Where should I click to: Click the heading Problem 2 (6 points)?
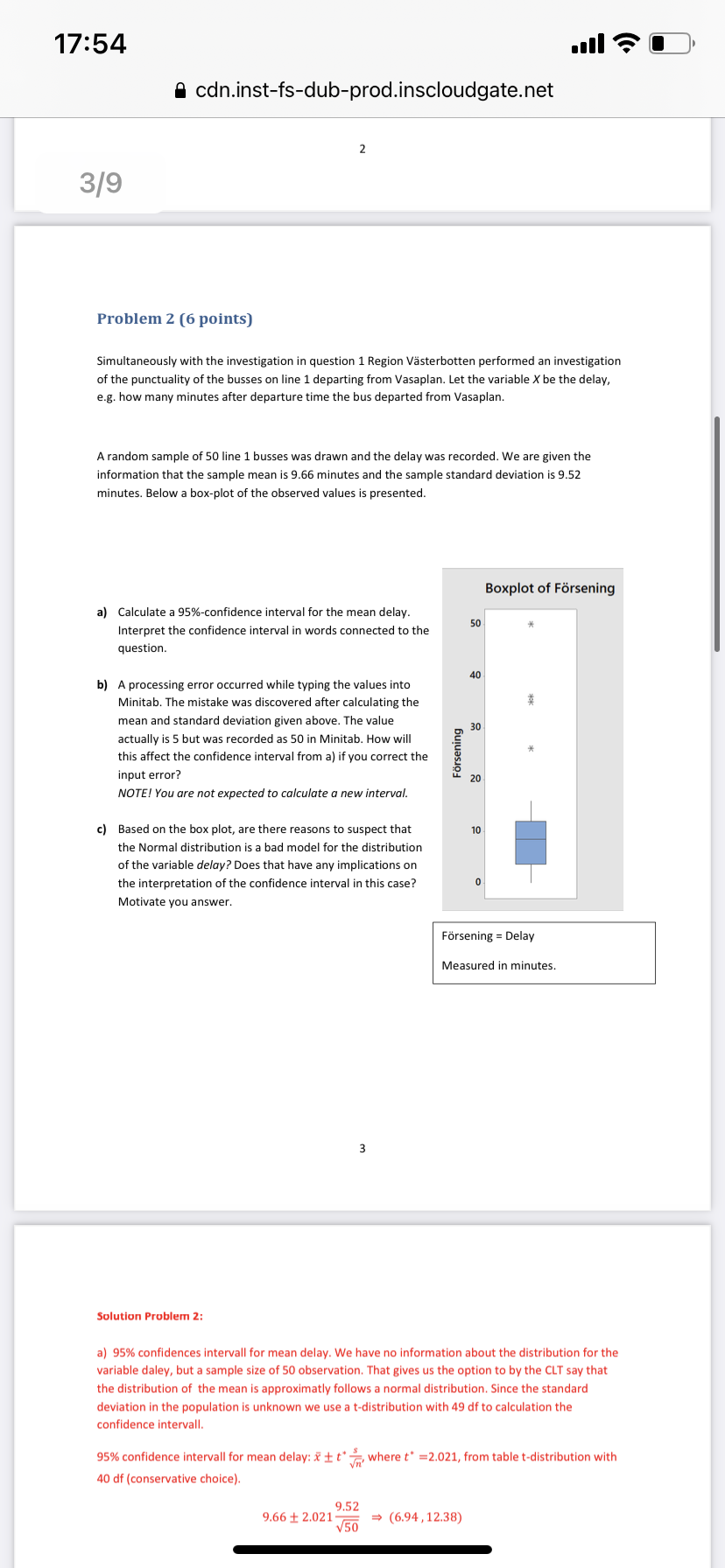pos(174,318)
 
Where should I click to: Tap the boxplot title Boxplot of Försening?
pos(549,588)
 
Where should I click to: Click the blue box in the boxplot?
pos(531,842)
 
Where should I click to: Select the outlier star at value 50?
pos(531,625)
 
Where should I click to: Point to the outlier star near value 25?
pos(531,749)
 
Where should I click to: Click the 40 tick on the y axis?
pos(475,675)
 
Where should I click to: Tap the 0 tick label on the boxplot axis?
pos(478,881)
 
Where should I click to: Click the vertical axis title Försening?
pos(456,752)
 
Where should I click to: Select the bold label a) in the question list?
pos(102,612)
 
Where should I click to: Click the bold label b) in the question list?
pos(102,684)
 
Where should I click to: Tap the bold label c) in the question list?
pos(102,829)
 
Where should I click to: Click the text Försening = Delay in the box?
pos(488,935)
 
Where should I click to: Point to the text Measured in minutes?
pos(498,965)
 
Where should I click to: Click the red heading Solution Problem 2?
pos(150,1316)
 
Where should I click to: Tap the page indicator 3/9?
pos(101,183)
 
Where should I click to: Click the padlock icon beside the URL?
pos(180,90)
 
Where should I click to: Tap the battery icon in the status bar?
pos(671,43)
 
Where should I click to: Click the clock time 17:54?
pos(90,43)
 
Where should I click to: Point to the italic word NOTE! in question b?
pos(135,793)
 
